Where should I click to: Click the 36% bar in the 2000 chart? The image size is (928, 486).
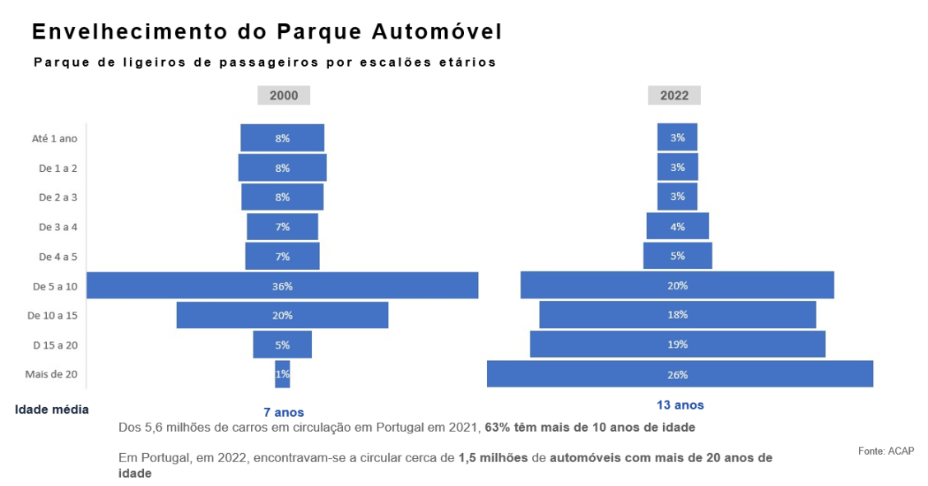(x=282, y=285)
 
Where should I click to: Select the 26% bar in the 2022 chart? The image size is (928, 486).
(x=680, y=374)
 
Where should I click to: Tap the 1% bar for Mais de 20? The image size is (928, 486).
(x=282, y=374)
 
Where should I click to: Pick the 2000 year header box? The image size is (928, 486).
(x=284, y=95)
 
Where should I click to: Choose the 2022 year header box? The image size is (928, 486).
(x=675, y=95)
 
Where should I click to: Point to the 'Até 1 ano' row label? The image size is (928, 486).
(x=54, y=138)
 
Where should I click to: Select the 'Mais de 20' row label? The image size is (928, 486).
(x=51, y=374)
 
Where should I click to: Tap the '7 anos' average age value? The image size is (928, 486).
(x=284, y=412)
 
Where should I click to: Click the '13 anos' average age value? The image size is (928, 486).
(x=680, y=405)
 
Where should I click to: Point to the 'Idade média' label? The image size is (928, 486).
(x=52, y=409)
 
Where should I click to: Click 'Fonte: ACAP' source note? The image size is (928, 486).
(x=885, y=451)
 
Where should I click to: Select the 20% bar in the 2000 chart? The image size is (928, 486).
(x=282, y=315)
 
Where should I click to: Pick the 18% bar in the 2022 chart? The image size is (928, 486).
(x=678, y=315)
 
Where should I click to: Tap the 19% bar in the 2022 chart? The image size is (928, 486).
(x=678, y=345)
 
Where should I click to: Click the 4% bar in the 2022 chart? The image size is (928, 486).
(x=678, y=226)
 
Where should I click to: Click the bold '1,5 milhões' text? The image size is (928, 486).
(x=493, y=457)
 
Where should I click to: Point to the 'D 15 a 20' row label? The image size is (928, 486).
(x=55, y=345)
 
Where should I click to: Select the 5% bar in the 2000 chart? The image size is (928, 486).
(x=282, y=345)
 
